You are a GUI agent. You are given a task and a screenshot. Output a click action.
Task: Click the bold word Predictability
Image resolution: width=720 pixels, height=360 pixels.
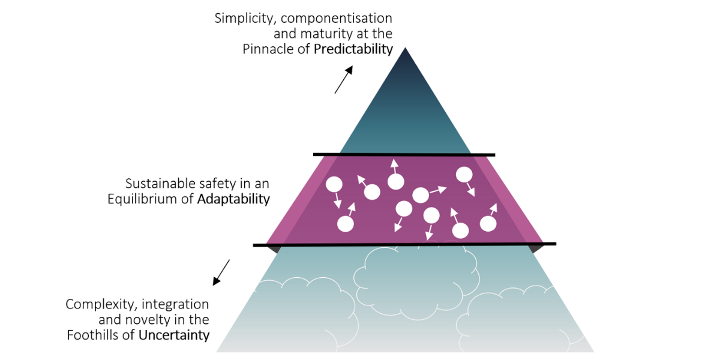click(x=353, y=49)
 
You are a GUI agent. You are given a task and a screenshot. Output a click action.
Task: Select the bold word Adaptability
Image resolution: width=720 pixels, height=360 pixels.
click(x=233, y=199)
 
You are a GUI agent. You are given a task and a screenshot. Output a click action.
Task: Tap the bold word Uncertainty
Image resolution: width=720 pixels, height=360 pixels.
click(x=174, y=335)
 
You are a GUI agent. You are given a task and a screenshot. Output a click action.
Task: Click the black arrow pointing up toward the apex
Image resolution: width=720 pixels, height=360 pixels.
click(x=344, y=80)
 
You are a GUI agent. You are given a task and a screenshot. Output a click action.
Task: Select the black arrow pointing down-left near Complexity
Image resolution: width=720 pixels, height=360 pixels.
click(x=221, y=272)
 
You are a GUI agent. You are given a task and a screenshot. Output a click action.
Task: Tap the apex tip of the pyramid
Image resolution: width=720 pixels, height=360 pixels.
click(x=406, y=49)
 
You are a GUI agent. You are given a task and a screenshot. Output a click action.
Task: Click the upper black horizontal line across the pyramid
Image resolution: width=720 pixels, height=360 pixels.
click(x=404, y=155)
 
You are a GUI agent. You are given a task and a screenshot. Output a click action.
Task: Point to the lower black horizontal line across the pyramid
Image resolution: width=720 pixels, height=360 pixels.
click(x=404, y=244)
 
